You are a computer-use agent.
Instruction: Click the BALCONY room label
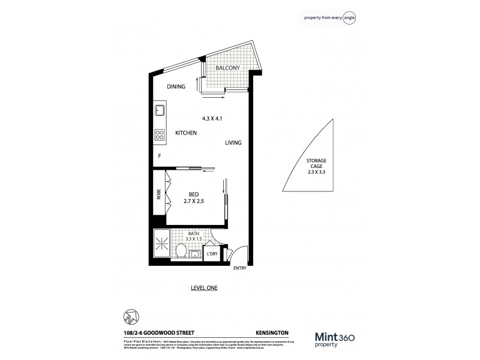(227, 68)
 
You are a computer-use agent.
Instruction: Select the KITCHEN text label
(186, 133)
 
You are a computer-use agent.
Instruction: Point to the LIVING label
(233, 143)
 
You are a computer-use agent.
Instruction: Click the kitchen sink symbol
(160, 111)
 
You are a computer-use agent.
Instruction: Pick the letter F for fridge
(160, 156)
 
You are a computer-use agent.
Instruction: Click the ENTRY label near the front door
(239, 268)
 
